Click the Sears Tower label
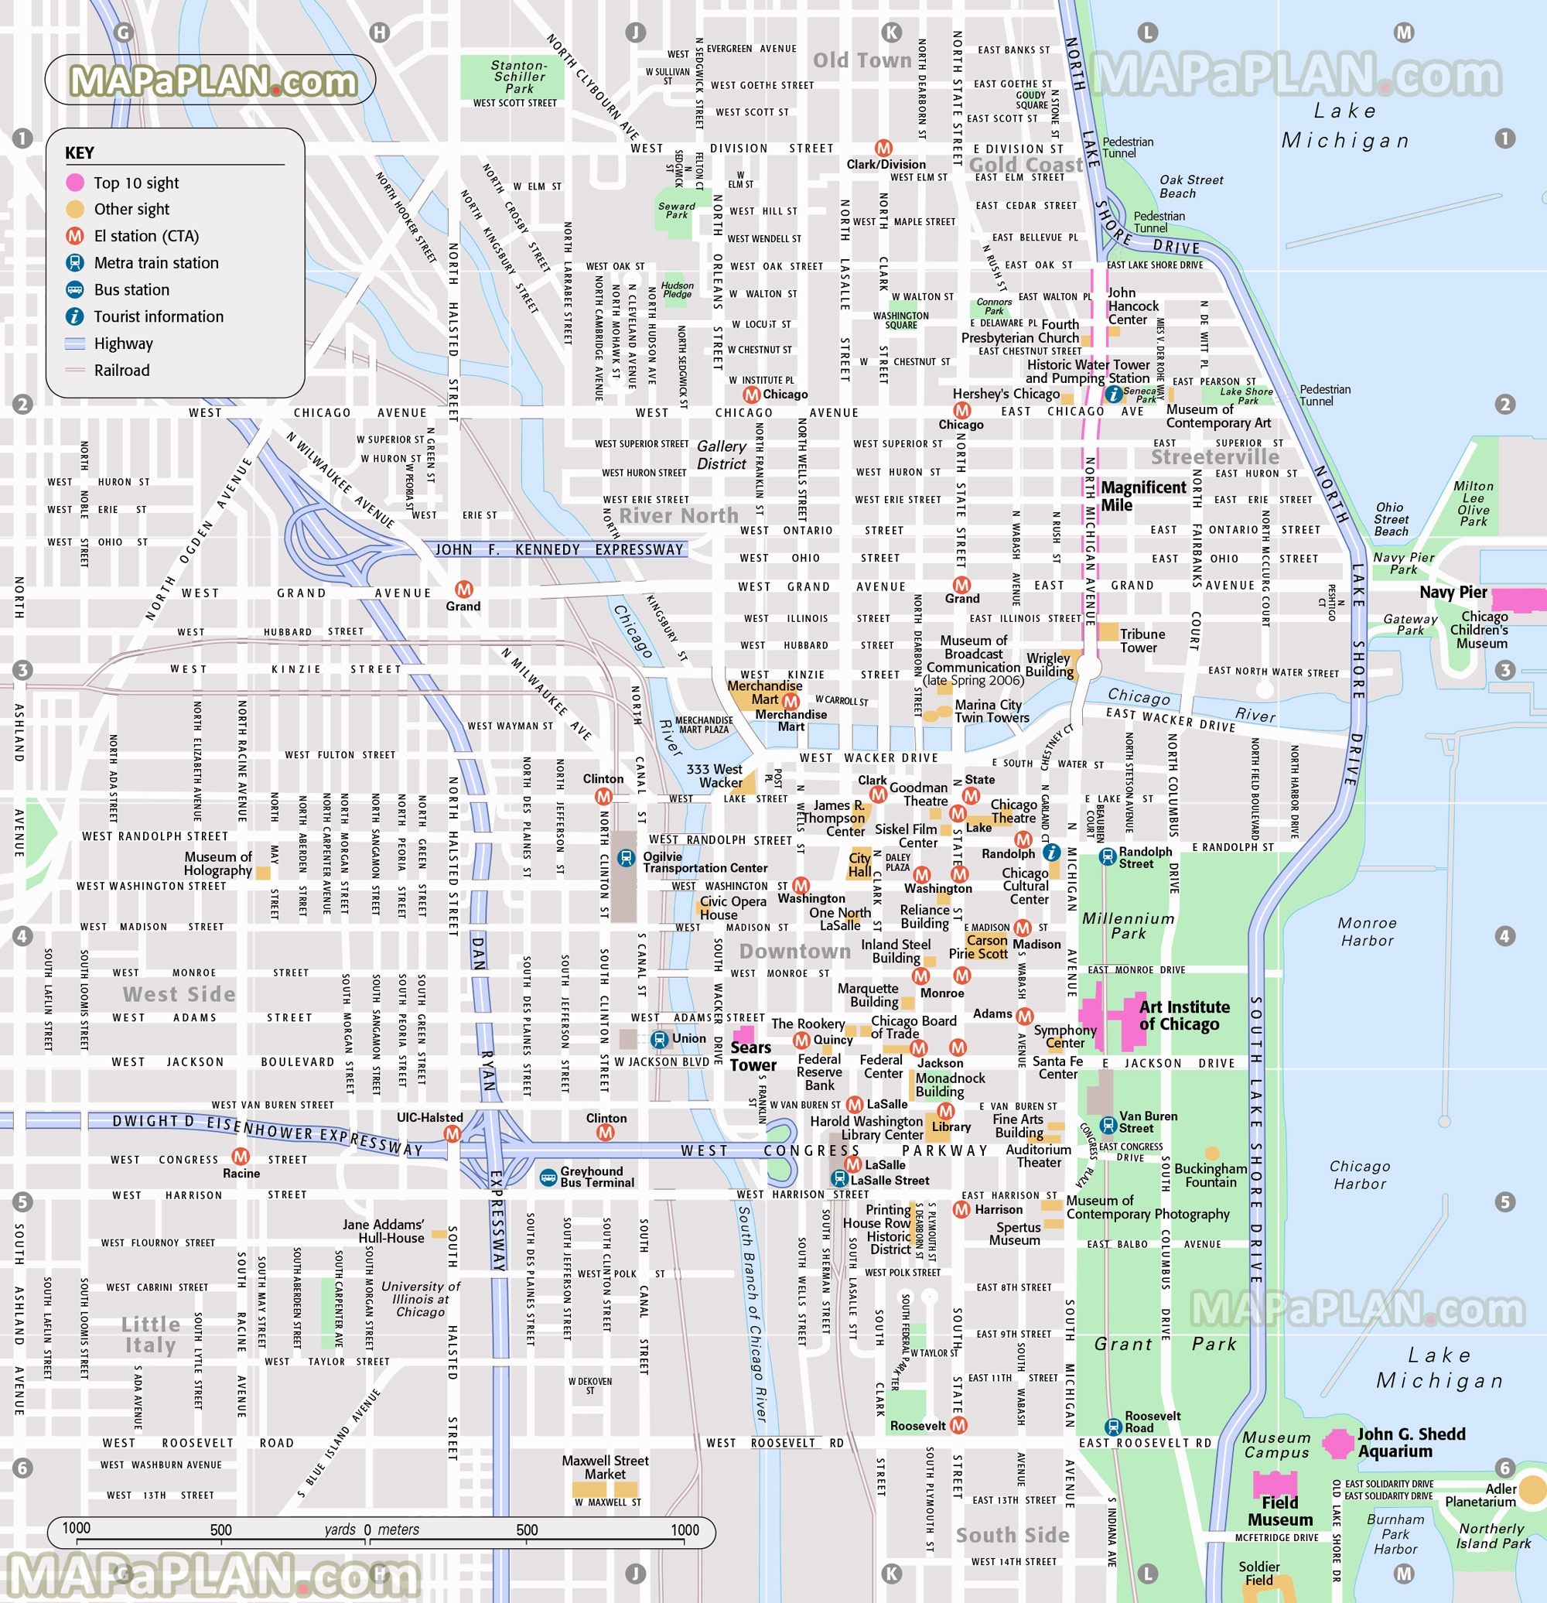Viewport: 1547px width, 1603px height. pos(753,1057)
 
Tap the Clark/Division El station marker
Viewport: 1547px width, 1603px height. pos(883,148)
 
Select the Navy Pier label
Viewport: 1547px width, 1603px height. pos(1453,592)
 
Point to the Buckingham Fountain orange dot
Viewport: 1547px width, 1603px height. pos(1213,1154)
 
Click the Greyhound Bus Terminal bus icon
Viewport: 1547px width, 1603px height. pos(548,1177)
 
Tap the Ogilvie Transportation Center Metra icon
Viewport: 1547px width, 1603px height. pos(626,858)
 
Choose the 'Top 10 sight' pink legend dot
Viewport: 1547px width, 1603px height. pos(75,183)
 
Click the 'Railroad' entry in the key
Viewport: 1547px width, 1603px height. pos(122,371)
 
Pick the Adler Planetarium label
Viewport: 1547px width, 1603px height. pos(1480,1495)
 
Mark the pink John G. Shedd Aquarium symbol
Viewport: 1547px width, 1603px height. pos(1338,1444)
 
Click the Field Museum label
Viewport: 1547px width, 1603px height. pos(1279,1512)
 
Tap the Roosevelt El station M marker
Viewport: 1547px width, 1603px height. pos(958,1426)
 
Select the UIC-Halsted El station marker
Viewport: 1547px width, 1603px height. pos(452,1133)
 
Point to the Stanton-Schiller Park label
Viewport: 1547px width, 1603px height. pos(518,77)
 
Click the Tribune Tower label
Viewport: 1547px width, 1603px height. pos(1142,641)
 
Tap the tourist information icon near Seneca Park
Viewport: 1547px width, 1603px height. pos(1114,395)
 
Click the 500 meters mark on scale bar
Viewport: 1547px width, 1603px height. pos(527,1530)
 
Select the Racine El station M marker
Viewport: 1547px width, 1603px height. pos(241,1157)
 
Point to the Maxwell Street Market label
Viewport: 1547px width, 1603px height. pos(605,1468)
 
